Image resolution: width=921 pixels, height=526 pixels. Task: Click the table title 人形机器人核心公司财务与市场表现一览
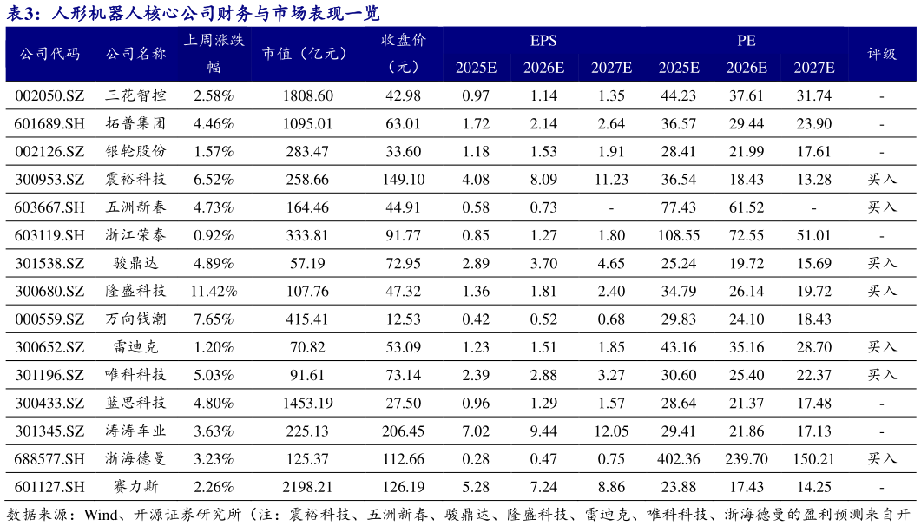coord(215,13)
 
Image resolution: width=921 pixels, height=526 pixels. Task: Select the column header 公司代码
coord(49,54)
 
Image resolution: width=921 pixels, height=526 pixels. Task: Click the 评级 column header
coord(881,54)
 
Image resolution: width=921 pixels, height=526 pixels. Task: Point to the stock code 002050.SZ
coord(49,95)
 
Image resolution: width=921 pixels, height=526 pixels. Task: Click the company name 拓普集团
coord(136,123)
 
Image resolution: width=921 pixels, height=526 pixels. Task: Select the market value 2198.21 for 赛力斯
coord(308,487)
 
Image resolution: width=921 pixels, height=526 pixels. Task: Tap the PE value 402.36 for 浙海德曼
coord(679,459)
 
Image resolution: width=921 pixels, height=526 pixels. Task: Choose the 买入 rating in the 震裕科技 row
coord(881,180)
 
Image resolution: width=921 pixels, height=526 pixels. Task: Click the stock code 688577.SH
coord(49,459)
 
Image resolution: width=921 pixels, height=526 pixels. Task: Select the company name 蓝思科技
coord(136,404)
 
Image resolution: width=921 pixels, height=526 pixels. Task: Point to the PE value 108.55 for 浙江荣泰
coord(679,235)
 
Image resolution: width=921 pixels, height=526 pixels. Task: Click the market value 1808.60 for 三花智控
coord(308,95)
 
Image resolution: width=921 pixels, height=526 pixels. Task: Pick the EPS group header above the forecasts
coord(543,41)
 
